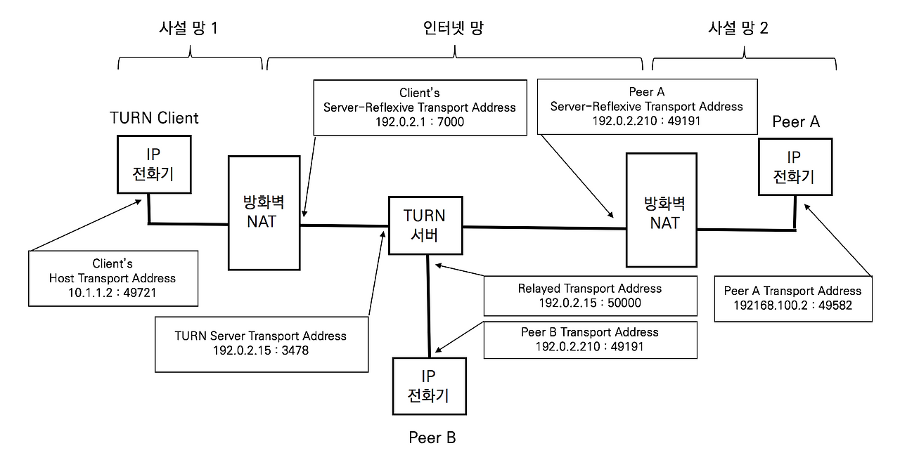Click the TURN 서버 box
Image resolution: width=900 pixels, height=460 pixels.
click(x=425, y=225)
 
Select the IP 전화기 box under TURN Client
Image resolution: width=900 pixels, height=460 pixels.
click(x=153, y=164)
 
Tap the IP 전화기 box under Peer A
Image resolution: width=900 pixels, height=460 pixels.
click(x=795, y=166)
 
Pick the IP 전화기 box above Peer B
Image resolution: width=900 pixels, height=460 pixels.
click(x=428, y=386)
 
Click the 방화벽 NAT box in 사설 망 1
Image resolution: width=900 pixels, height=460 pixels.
click(x=264, y=213)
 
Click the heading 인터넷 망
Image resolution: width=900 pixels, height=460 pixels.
click(x=454, y=29)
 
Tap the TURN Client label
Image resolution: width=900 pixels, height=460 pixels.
click(x=154, y=118)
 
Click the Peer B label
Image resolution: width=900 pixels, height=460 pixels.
click(x=432, y=438)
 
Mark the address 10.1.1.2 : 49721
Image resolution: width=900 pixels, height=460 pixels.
click(x=112, y=293)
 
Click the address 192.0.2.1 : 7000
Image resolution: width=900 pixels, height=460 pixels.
click(x=419, y=121)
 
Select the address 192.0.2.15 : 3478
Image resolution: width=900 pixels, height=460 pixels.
click(x=260, y=350)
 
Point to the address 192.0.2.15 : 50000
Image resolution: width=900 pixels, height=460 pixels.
click(x=589, y=303)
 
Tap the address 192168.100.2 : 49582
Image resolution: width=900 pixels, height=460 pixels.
click(x=792, y=305)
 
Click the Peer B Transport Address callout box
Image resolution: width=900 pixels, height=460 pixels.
click(x=590, y=339)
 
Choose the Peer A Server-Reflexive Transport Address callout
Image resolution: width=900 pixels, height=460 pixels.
click(x=646, y=105)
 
